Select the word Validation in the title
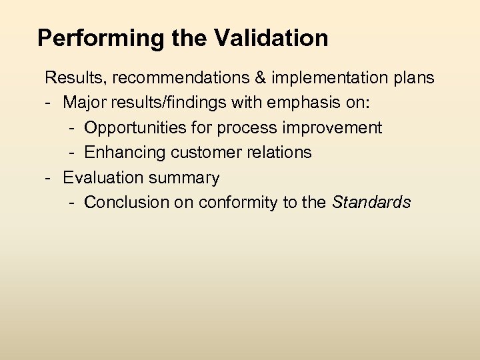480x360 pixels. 271,38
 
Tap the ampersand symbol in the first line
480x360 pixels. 261,78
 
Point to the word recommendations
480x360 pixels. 181,78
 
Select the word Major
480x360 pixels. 83,103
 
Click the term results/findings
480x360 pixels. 162,103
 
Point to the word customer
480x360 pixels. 200,153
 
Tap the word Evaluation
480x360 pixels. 97,177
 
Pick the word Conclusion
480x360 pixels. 127,203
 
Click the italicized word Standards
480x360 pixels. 371,203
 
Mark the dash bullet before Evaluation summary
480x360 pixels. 48,177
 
